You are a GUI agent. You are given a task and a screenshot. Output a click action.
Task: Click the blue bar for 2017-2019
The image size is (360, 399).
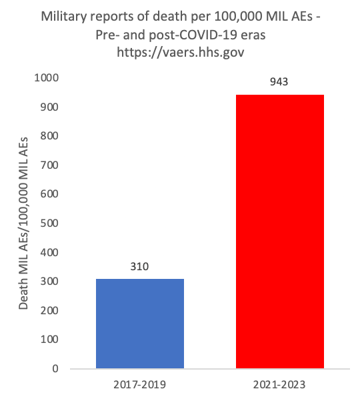click(140, 324)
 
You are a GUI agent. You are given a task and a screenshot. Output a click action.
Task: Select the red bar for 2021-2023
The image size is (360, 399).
click(280, 232)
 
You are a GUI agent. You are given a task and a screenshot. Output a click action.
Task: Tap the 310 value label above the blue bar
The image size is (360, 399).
click(139, 266)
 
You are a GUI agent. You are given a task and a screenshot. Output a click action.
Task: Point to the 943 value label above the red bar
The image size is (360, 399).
click(279, 81)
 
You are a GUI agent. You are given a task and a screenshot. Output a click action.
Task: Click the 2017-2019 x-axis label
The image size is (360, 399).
click(139, 384)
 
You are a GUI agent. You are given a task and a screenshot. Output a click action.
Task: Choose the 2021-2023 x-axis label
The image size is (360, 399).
click(279, 384)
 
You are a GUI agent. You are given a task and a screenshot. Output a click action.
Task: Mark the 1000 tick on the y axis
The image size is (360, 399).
click(47, 77)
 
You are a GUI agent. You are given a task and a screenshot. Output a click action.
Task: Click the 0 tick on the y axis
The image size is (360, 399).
click(55, 368)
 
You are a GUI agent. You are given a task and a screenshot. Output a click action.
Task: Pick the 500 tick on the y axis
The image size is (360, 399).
click(49, 223)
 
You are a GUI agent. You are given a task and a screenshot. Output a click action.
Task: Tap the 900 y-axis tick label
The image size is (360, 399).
click(49, 107)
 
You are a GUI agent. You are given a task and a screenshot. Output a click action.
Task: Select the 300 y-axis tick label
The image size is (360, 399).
click(49, 281)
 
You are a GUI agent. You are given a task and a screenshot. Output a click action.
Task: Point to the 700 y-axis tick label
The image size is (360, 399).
click(49, 165)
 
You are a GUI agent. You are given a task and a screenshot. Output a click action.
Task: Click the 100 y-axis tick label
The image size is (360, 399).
click(49, 339)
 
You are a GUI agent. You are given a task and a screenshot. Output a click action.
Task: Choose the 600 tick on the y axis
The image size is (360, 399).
click(49, 194)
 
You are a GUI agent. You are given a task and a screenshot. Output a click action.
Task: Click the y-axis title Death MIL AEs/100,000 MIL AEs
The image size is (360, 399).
click(23, 223)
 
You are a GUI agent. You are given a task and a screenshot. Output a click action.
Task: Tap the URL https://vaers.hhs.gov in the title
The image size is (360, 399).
click(181, 52)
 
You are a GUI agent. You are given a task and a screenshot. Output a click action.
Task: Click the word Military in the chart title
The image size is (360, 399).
click(64, 17)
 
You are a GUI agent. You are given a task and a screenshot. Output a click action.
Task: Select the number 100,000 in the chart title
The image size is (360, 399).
click(238, 17)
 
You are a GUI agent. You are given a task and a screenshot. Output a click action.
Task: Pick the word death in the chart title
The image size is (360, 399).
click(169, 16)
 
